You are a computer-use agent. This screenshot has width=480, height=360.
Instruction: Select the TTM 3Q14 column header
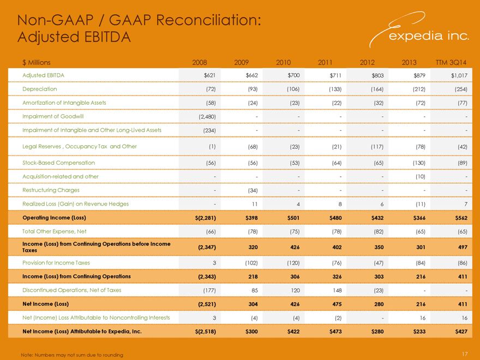(x=451, y=62)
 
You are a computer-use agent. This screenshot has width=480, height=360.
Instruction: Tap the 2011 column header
(x=325, y=62)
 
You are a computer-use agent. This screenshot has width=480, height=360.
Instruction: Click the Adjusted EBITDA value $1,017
(x=459, y=75)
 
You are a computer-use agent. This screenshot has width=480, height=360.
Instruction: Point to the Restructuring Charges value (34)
(x=253, y=190)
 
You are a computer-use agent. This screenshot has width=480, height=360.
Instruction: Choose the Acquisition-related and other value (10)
(x=421, y=177)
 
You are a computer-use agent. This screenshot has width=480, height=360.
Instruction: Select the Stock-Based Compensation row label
(x=58, y=163)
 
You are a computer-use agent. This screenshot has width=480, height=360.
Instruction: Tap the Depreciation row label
(x=39, y=89)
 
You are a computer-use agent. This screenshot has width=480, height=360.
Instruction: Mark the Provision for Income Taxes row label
(x=56, y=263)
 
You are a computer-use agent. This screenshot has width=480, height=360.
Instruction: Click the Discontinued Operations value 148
(x=337, y=290)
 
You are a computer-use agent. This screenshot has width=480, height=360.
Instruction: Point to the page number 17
(x=465, y=354)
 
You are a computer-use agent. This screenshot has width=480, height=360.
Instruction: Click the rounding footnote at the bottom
(x=72, y=355)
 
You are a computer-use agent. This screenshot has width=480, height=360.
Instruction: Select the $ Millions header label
(x=37, y=62)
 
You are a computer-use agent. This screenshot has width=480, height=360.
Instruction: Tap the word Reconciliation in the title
(x=209, y=20)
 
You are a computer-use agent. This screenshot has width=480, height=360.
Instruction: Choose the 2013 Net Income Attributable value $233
(x=419, y=332)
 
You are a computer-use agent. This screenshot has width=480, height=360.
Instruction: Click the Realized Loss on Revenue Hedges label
(x=75, y=204)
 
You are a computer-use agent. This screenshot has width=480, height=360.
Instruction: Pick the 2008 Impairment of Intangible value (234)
(x=209, y=130)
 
